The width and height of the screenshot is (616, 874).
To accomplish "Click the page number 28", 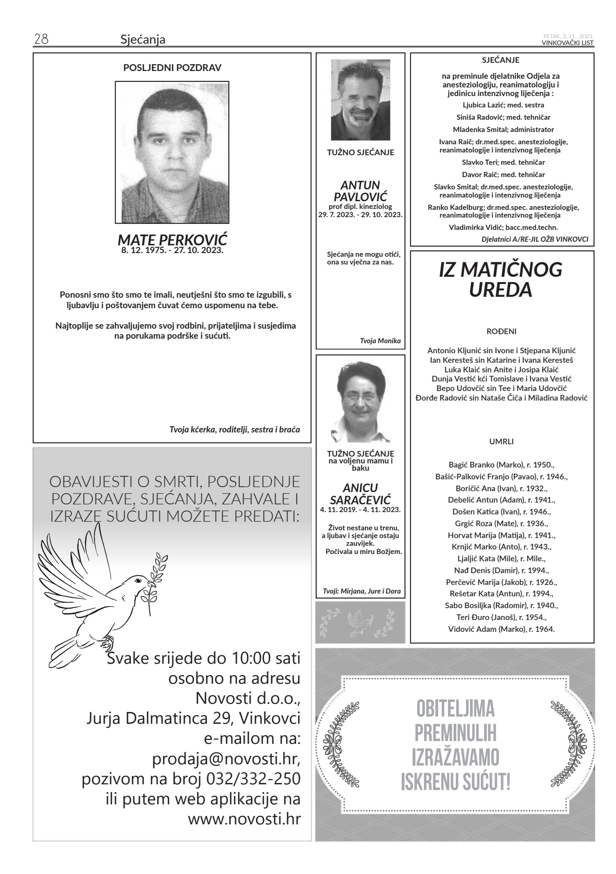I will coord(41,40).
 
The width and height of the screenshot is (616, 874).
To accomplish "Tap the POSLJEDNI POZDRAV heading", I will coord(172,68).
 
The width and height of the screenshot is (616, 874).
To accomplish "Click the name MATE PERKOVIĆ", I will coord(172,240).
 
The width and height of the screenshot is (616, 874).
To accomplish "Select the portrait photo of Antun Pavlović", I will coord(360,100).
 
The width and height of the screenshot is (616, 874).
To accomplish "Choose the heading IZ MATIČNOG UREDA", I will coord(500,279).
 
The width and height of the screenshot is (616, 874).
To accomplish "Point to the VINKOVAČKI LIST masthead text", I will coord(567,43).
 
